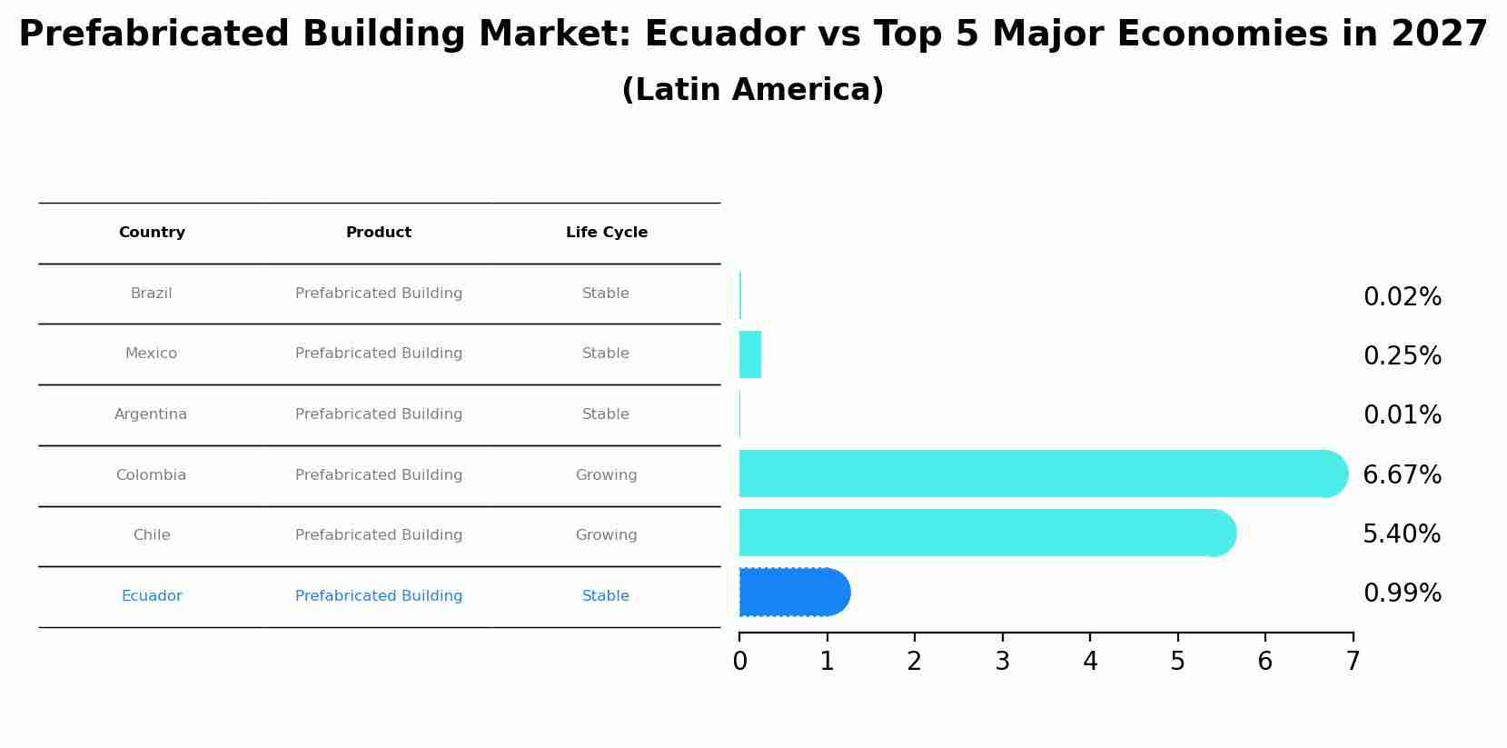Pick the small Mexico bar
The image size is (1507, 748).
[x=750, y=354]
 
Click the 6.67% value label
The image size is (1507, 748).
[x=1402, y=474]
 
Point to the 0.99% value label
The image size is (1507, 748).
[x=1402, y=593]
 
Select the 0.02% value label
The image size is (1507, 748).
[x=1402, y=297]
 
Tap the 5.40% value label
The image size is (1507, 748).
[x=1401, y=534]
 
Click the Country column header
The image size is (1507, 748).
[x=152, y=233]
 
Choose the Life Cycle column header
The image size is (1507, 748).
[x=606, y=233]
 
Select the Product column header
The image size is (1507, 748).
[x=378, y=233]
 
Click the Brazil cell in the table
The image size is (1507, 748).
[x=151, y=294]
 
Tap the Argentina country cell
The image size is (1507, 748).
[x=151, y=414]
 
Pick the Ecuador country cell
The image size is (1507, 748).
[x=152, y=596]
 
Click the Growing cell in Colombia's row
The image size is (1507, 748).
[x=606, y=475]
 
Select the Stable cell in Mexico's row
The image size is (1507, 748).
[x=605, y=354]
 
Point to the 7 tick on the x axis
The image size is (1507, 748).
[x=1353, y=662]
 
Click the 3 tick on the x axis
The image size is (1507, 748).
[x=1002, y=662]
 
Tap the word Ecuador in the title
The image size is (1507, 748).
[x=724, y=35]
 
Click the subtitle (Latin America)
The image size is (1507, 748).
[x=752, y=90]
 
